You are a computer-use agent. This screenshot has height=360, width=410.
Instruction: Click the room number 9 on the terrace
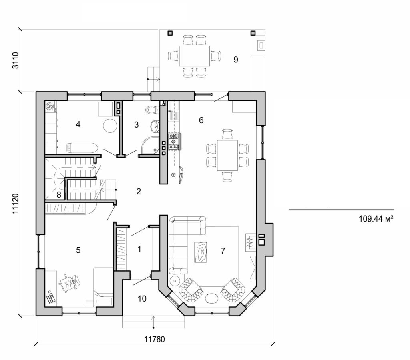coord(235,60)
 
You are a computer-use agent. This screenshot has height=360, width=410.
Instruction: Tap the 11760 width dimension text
coord(155,339)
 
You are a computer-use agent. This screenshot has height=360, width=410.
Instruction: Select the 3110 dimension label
coord(16,60)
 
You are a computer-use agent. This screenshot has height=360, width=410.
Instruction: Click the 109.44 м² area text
coord(374,219)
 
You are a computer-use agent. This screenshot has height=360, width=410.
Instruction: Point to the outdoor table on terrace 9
coord(194,56)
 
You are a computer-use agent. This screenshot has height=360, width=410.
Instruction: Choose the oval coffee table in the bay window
coord(212,298)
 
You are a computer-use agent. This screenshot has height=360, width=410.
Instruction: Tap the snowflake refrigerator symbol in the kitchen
coord(173,175)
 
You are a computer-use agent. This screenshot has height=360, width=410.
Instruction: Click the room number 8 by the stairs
coord(59,195)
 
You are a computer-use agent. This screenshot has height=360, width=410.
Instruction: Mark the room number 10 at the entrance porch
coord(142,298)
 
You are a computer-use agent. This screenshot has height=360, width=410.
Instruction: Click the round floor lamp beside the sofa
coord(175,281)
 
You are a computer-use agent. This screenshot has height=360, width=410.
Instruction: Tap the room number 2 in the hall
coord(139,191)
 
